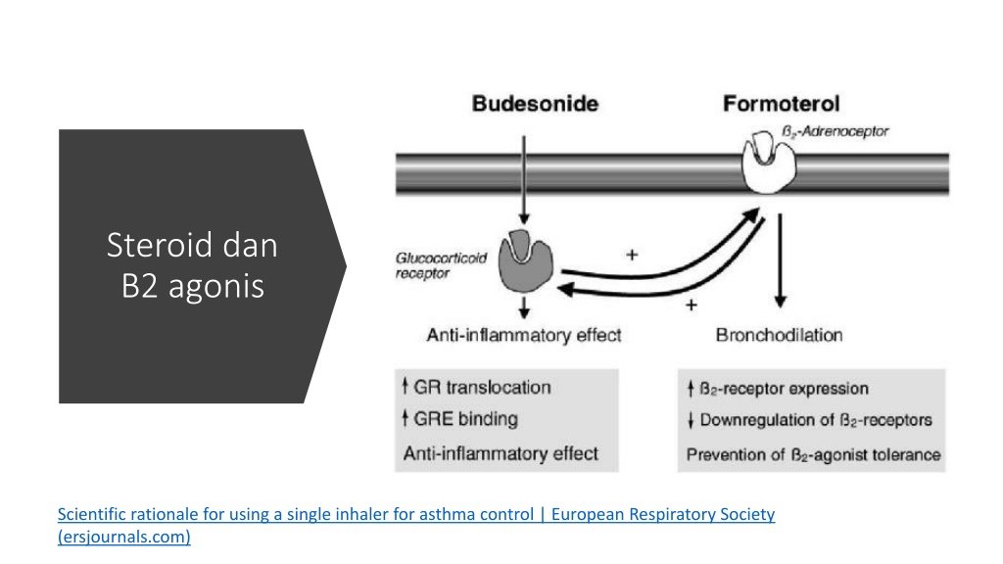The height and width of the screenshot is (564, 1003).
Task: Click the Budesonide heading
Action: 535,104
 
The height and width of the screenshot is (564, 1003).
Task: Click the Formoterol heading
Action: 781,104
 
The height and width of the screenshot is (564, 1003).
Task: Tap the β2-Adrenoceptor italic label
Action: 835,132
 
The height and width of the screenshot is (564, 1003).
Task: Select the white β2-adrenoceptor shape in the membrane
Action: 768,163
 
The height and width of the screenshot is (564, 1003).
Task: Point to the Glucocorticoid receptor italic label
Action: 441,265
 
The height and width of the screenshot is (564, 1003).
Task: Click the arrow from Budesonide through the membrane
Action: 524,180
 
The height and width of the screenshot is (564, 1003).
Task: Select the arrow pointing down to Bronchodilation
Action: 780,260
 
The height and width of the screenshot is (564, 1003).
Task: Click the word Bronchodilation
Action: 779,335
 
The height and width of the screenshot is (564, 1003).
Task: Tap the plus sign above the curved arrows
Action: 632,256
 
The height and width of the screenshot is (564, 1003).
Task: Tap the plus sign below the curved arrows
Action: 691,305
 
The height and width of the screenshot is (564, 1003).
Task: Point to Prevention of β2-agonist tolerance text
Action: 813,454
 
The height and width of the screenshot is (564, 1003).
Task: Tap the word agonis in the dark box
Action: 216,287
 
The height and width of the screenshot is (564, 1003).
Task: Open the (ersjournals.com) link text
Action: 124,537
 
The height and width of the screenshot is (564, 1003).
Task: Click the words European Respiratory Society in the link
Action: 663,514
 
